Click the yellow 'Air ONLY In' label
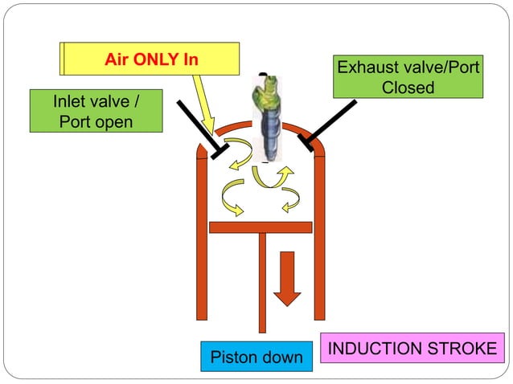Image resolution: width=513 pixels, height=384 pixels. pyautogui.click(x=151, y=59)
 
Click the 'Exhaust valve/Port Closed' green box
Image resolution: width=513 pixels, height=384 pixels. pyautogui.click(x=408, y=77)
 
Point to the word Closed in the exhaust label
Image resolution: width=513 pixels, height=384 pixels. pyautogui.click(x=408, y=88)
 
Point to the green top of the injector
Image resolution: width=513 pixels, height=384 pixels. pyautogui.click(x=268, y=89)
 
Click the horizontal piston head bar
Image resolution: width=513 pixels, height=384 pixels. pyautogui.click(x=260, y=227)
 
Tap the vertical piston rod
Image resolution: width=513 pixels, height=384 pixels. pyautogui.click(x=261, y=281)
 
